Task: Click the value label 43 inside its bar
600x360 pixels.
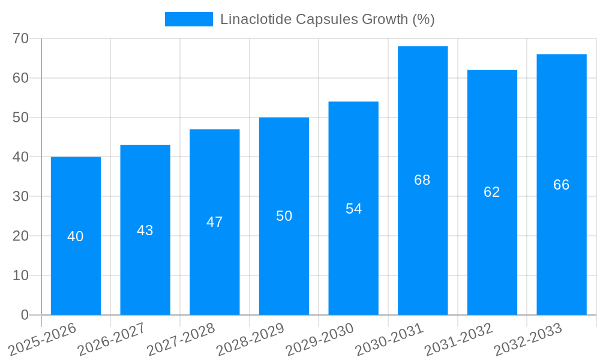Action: pos(145,230)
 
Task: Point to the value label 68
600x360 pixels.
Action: pos(422,180)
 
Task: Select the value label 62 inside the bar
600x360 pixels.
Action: pos(491,192)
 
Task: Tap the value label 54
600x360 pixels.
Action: pos(353,209)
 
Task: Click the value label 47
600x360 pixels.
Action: pos(214,222)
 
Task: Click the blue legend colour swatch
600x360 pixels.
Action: pos(188,19)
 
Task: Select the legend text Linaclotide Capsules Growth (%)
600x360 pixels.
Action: pos(327,19)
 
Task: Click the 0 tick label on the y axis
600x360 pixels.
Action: pos(25,315)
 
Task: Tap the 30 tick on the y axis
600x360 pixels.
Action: pos(21,196)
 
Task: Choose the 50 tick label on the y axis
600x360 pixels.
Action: pos(21,118)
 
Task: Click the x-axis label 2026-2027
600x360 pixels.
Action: pos(112,339)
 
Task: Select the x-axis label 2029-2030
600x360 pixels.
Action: pos(320,339)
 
